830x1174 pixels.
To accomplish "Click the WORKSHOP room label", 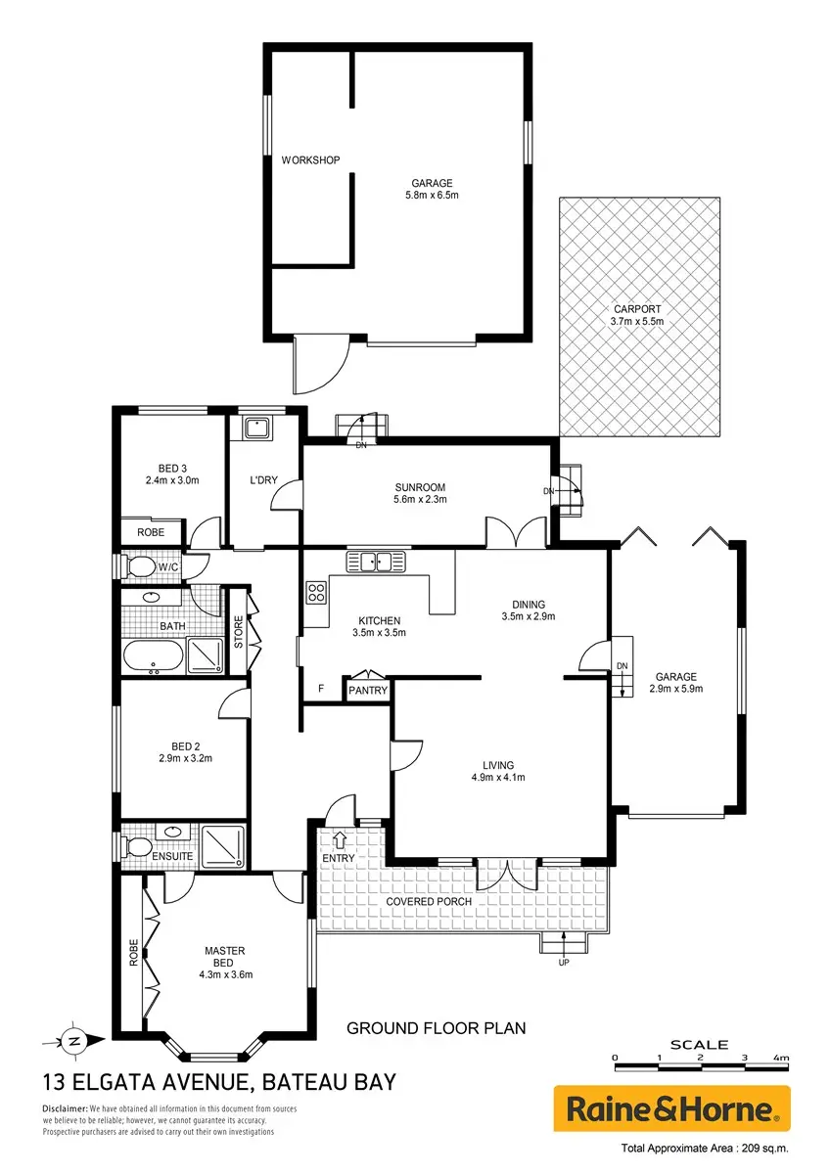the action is [310, 159].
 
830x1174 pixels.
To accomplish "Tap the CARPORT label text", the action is [637, 309].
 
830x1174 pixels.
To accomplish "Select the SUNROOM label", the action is [420, 487].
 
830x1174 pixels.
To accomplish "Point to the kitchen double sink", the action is [376, 562].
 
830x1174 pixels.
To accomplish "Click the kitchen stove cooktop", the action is [316, 592].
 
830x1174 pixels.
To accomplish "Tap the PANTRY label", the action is [368, 691].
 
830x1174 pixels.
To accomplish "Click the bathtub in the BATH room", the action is [153, 655].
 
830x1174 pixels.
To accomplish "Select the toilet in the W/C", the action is [136, 566].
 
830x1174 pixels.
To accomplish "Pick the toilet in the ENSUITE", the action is [135, 847].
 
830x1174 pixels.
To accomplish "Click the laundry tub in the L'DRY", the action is [256, 429].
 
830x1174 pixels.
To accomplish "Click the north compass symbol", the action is [74, 1041].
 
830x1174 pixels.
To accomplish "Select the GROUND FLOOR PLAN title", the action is [436, 1028].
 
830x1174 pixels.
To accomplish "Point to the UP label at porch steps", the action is [564, 963].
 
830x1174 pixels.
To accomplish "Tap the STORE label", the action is [239, 632].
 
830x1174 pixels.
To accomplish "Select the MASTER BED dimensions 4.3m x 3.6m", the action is [226, 974].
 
